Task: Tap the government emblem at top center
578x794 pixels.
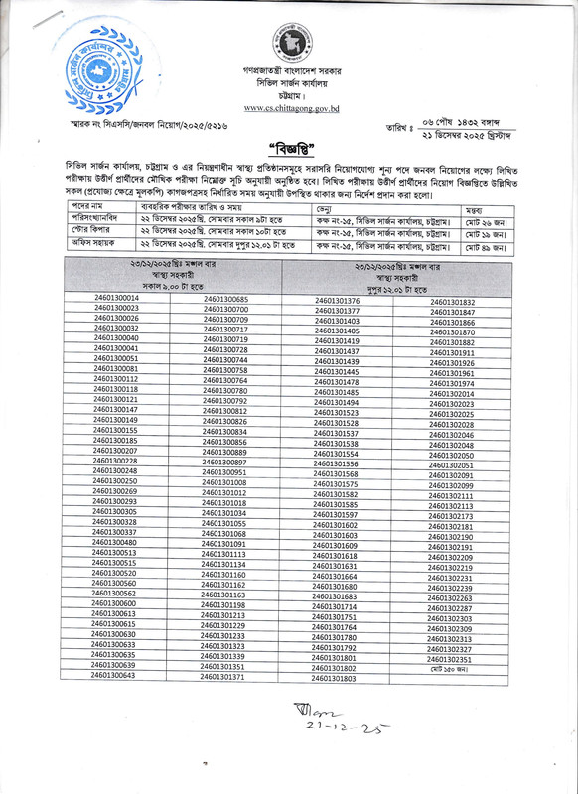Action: point(287,45)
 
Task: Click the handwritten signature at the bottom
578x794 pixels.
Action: point(317,712)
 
